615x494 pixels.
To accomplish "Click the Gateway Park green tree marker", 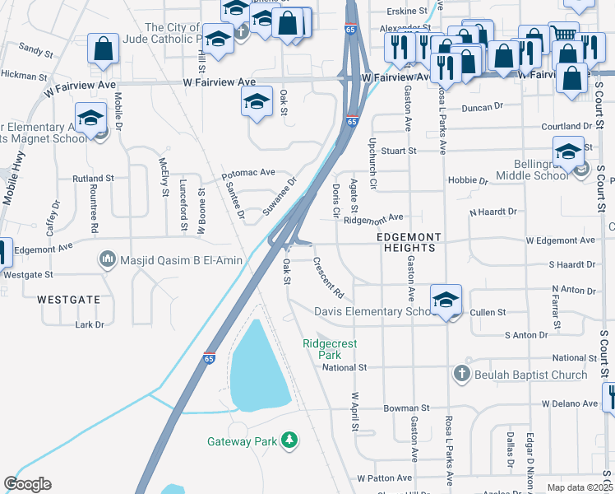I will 289,441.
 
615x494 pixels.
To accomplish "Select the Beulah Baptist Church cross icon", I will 461,375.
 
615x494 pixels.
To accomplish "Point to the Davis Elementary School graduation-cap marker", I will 446,301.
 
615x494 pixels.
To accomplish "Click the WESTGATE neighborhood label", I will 69,300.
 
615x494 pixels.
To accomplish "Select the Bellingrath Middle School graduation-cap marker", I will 568,152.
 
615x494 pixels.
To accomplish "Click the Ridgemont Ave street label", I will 374,218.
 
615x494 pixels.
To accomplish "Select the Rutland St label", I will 93,178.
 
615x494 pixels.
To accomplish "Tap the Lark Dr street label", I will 90,325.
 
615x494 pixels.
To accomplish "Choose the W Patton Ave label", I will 384,478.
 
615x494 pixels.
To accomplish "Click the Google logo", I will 27,484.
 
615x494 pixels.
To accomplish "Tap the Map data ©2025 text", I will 580,487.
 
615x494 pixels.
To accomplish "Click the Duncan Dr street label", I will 482,107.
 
